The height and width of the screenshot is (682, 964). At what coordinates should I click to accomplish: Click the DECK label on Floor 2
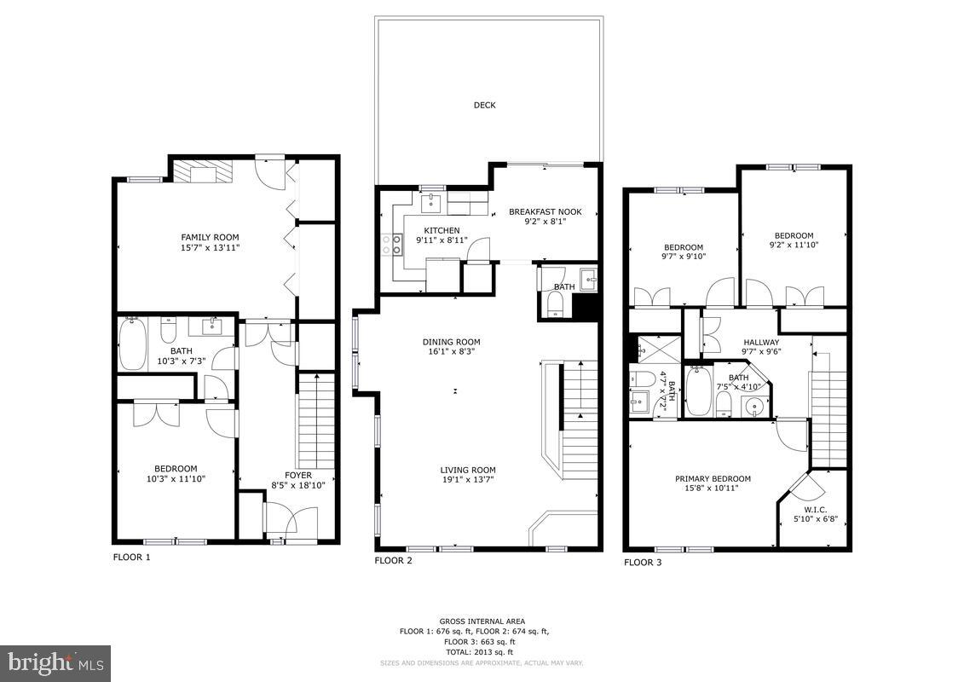[484, 106]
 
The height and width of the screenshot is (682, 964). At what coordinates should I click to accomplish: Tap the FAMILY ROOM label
[210, 237]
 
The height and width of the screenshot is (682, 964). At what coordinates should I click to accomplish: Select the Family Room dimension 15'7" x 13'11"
[210, 247]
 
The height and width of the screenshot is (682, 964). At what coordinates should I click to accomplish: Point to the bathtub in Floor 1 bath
[131, 344]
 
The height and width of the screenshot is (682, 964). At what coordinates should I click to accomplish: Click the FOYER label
[297, 475]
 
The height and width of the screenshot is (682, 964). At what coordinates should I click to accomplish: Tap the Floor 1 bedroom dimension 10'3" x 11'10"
[176, 479]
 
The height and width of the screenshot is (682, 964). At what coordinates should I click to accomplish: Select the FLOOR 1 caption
[131, 558]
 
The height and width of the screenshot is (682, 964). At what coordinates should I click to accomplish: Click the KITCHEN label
[442, 230]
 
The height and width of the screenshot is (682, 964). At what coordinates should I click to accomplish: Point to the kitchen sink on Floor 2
[430, 203]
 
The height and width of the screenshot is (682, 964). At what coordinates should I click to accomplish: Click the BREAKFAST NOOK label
[545, 211]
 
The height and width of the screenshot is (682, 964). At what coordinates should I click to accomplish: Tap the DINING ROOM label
[452, 341]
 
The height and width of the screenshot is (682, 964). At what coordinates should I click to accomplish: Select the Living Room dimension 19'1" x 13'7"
[467, 480]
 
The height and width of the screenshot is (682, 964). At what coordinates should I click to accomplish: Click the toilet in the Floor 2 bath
[556, 303]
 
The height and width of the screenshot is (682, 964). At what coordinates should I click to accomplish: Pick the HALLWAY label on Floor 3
[761, 342]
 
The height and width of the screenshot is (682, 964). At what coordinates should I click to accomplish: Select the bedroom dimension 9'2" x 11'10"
[794, 246]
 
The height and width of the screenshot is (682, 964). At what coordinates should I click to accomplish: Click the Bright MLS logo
[55, 663]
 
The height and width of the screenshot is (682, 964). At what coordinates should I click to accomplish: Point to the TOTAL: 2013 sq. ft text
[482, 652]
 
